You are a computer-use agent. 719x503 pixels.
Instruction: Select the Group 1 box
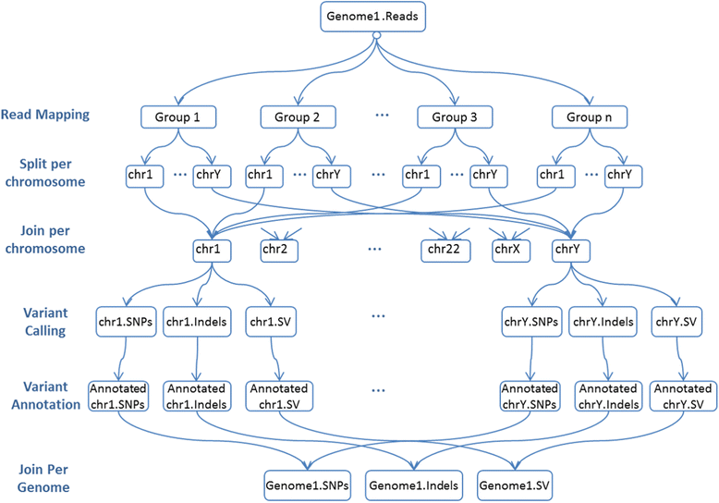(x=177, y=117)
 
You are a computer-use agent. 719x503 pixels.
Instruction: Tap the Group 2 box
(x=297, y=117)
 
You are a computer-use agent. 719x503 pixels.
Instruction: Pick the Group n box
(x=590, y=117)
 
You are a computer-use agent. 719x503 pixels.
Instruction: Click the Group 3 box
(x=454, y=117)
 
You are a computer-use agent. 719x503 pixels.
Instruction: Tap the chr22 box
(x=448, y=249)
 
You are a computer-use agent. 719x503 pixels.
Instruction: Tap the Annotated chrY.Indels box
(x=605, y=395)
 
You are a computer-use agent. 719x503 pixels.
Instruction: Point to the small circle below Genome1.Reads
(x=375, y=37)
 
